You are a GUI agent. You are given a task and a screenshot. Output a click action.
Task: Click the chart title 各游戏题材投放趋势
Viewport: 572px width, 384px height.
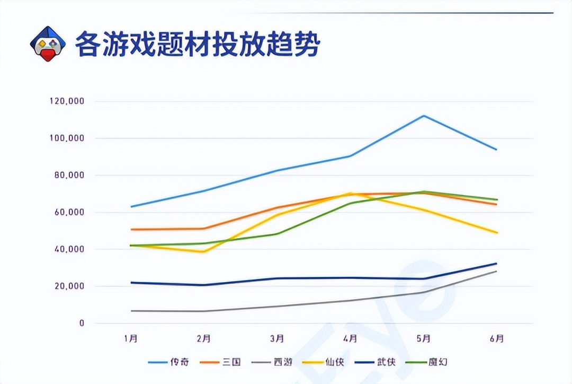point(197,45)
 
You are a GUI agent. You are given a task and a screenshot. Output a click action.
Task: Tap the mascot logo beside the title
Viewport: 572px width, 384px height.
point(48,44)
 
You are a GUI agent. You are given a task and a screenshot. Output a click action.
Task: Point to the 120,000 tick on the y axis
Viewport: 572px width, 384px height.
point(66,101)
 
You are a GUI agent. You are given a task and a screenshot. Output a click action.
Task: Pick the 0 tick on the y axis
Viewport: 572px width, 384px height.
point(82,323)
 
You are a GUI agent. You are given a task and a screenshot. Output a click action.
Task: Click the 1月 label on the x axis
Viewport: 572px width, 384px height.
point(130,338)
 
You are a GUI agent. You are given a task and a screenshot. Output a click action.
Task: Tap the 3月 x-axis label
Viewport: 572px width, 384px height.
point(276,338)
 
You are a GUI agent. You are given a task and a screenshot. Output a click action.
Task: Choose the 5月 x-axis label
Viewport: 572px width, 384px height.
point(423,338)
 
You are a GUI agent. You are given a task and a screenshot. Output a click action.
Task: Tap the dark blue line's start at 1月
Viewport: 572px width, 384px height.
point(131,283)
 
